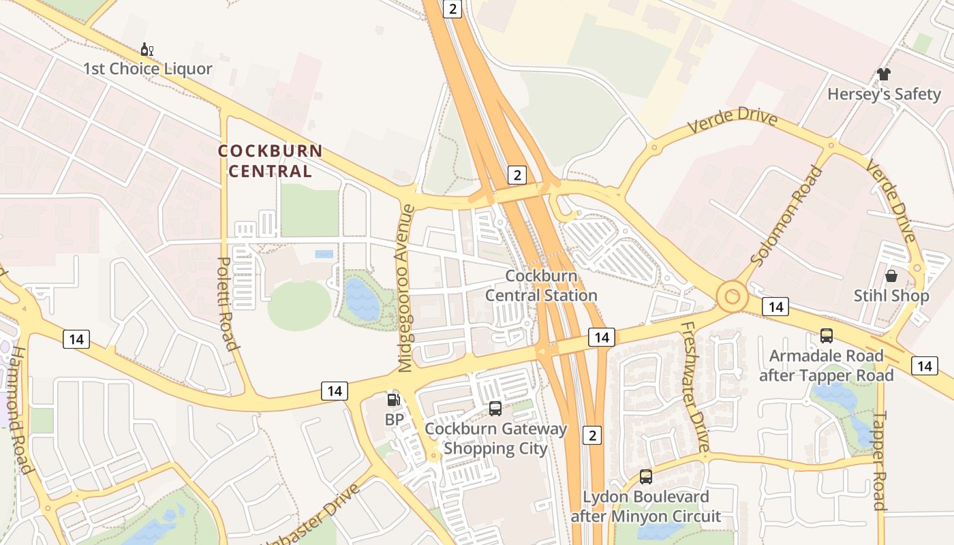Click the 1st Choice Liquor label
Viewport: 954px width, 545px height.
tap(148, 69)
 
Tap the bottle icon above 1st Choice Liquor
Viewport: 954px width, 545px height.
tap(147, 50)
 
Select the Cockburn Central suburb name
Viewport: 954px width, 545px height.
tap(270, 161)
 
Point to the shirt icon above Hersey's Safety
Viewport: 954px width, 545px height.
tap(884, 74)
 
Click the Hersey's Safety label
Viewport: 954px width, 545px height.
tap(884, 94)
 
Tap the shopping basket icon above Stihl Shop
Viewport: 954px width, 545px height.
tap(891, 276)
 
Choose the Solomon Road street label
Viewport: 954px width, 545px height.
tap(786, 216)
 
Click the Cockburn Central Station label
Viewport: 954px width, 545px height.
tap(541, 286)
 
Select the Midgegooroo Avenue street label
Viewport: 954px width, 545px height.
tap(406, 288)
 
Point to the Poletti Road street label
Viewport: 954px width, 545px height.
tap(228, 303)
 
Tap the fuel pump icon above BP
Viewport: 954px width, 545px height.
tap(394, 400)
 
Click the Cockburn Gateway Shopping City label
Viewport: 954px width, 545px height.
tap(495, 439)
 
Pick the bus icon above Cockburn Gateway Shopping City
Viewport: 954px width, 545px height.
tap(495, 409)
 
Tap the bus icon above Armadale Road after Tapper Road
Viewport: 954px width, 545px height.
tap(827, 335)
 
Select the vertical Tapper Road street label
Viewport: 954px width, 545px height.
tap(880, 461)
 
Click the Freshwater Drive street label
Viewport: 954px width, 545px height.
tap(695, 386)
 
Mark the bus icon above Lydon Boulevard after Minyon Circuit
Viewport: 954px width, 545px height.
tap(645, 477)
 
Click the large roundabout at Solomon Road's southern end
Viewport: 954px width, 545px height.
tap(733, 297)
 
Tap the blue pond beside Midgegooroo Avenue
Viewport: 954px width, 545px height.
tap(360, 299)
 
